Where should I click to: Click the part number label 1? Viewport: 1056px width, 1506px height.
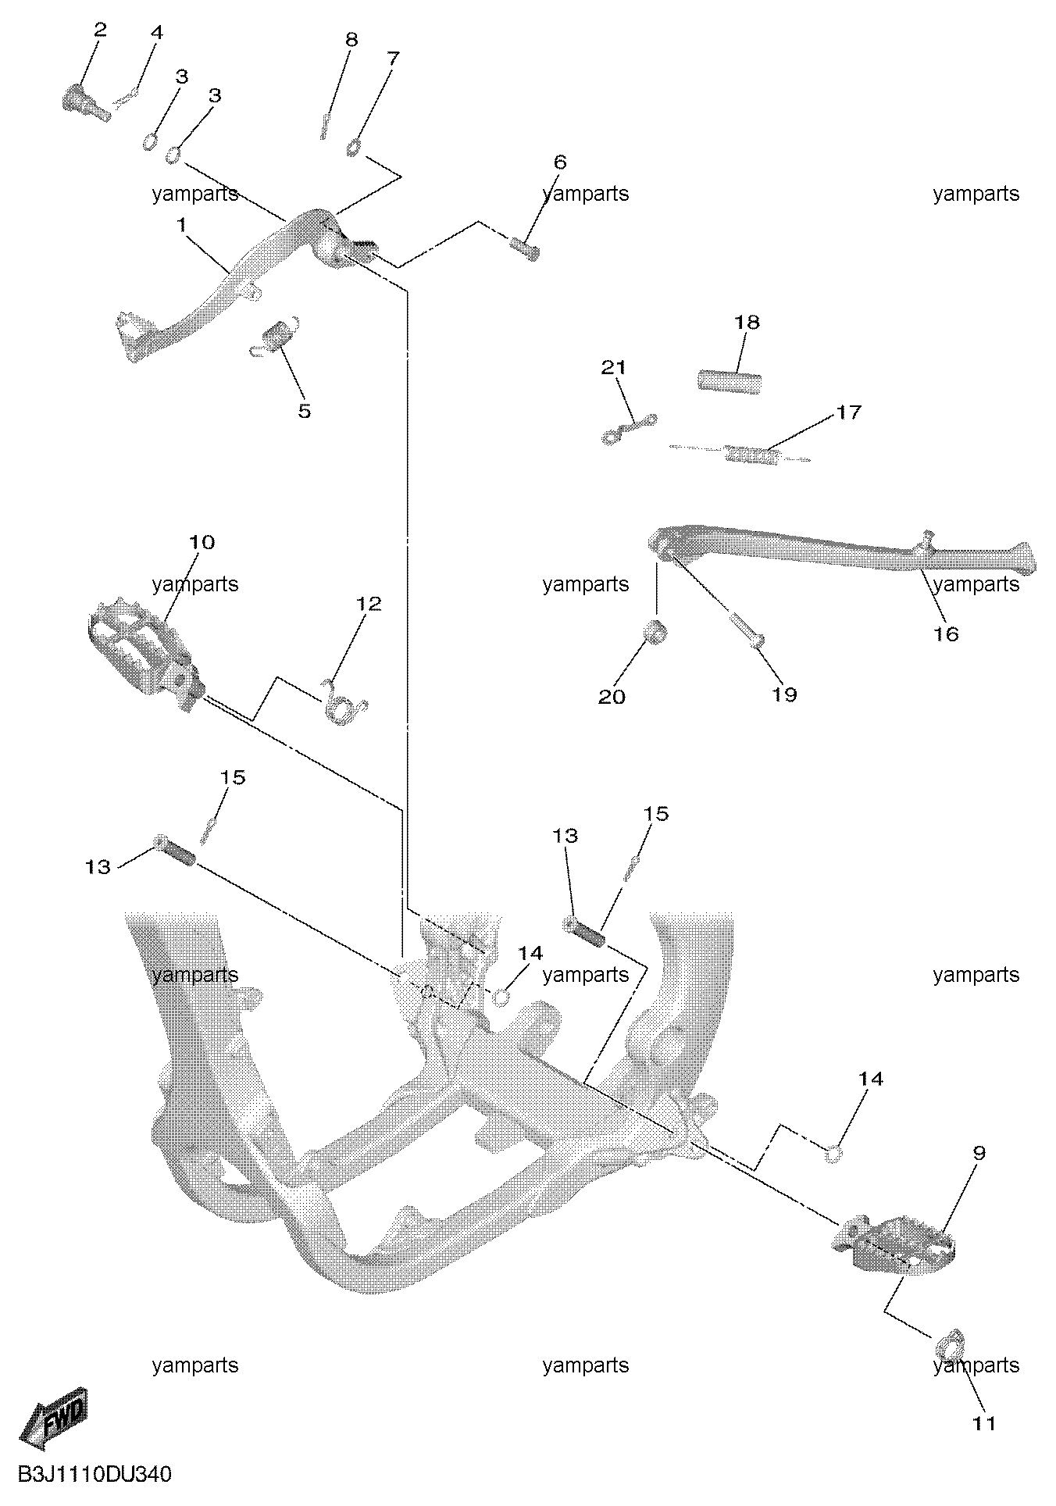pos(181,225)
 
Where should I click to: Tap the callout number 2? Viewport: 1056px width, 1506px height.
pos(99,30)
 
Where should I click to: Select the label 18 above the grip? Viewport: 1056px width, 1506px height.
pos(747,322)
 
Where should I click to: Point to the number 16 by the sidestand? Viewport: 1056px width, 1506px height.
pos(946,633)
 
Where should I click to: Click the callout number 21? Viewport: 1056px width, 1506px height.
pos(613,367)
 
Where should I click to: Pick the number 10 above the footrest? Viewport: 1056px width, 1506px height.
pos(202,542)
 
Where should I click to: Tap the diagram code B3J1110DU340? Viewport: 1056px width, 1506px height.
pos(95,1475)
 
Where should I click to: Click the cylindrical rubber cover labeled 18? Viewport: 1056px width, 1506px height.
pos(729,383)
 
